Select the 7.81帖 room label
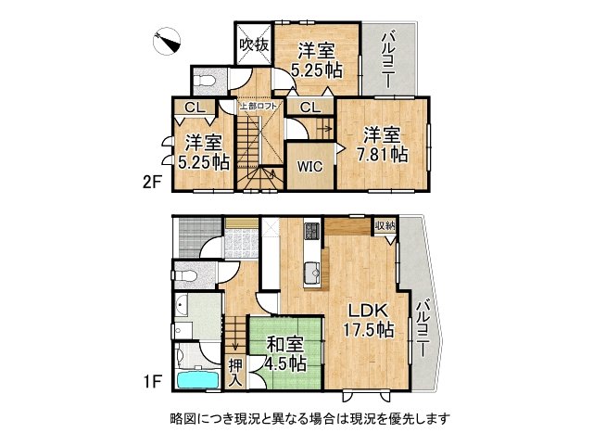384,145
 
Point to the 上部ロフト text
257,107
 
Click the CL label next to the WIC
309,108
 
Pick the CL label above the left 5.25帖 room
195,108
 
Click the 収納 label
385,225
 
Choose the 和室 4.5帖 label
284,352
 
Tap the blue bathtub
196,378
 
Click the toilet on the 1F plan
188,275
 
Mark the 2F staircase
255,153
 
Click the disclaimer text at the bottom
309,418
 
